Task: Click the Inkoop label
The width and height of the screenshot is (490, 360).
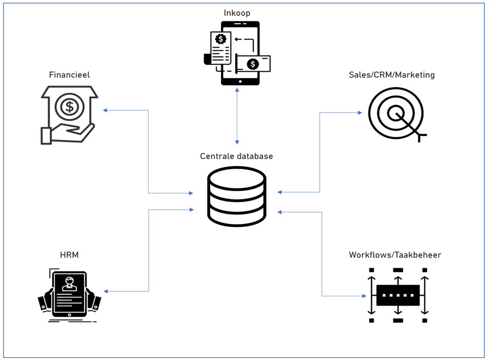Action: coord(237,13)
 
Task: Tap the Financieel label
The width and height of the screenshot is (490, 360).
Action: coord(69,75)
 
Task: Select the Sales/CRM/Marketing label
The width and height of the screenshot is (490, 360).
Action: coord(392,75)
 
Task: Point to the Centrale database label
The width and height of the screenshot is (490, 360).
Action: coord(237,156)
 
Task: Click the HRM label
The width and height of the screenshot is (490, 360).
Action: coord(69,255)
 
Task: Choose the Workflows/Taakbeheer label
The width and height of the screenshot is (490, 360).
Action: coord(395,255)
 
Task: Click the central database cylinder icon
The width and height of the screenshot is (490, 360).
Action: coord(237,196)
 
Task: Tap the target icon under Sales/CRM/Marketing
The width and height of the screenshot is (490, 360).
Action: coord(396,114)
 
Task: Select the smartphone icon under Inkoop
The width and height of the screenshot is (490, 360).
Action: coord(240,53)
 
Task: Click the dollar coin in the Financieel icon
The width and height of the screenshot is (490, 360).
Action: coord(69,107)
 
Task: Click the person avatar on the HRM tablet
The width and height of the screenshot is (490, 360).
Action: coord(69,284)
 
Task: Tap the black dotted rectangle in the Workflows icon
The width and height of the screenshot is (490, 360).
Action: coord(398,295)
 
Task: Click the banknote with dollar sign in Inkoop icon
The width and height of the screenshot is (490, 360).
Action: coord(253,64)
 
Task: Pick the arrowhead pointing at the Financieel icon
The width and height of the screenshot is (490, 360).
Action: coord(105,110)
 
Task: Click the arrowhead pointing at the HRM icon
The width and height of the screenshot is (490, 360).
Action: coord(106,291)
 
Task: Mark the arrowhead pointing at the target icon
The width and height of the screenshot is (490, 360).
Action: coord(360,113)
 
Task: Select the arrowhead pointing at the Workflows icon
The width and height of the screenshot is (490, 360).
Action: coord(364,296)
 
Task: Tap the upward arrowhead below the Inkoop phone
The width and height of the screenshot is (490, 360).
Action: coord(237,90)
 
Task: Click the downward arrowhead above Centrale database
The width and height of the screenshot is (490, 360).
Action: coord(237,142)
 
